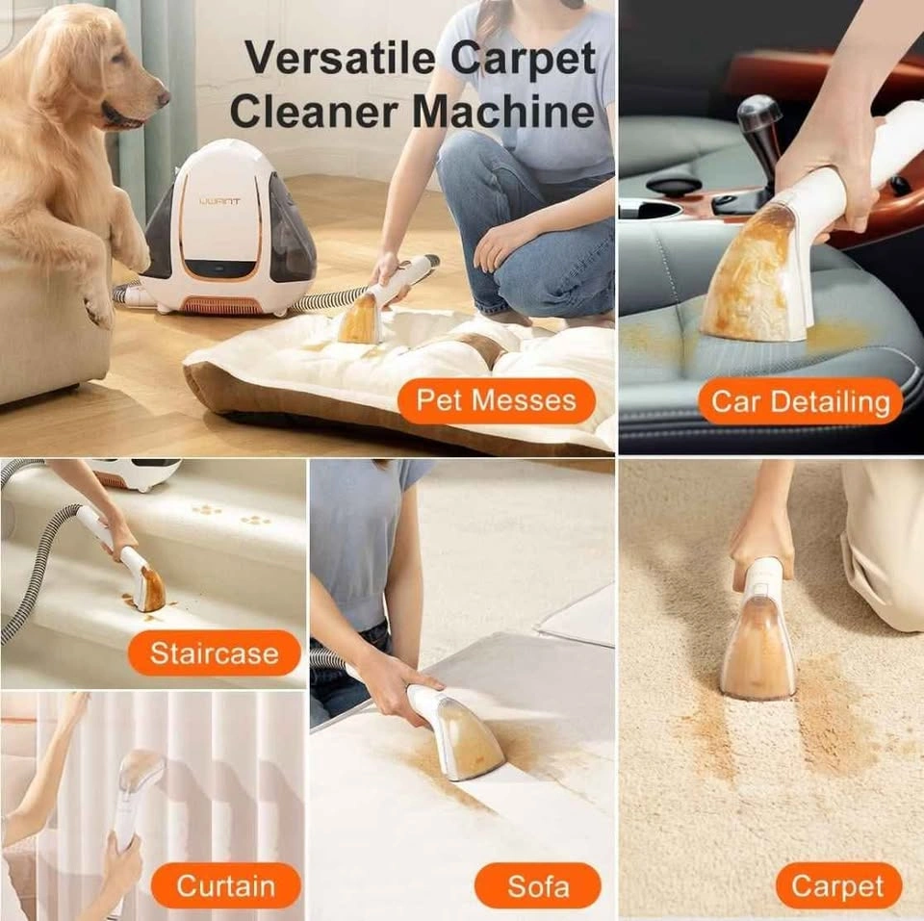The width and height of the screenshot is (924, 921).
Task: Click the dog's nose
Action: [162, 95]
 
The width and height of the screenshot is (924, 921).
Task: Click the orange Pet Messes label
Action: [497, 400]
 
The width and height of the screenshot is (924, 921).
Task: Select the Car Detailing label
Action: [800, 402]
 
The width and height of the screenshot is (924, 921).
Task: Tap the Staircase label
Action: [214, 652]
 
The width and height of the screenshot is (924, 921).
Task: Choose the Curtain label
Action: [225, 885]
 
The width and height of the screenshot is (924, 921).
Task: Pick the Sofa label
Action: [538, 885]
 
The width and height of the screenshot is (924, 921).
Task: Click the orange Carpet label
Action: [838, 885]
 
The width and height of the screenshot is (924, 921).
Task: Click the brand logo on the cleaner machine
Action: [219, 203]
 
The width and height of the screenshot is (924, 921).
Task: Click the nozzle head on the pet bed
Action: [358, 320]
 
